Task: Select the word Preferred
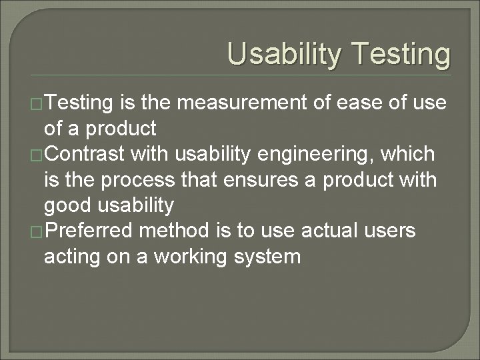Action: (x=93, y=231)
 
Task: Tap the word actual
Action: (x=329, y=231)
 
